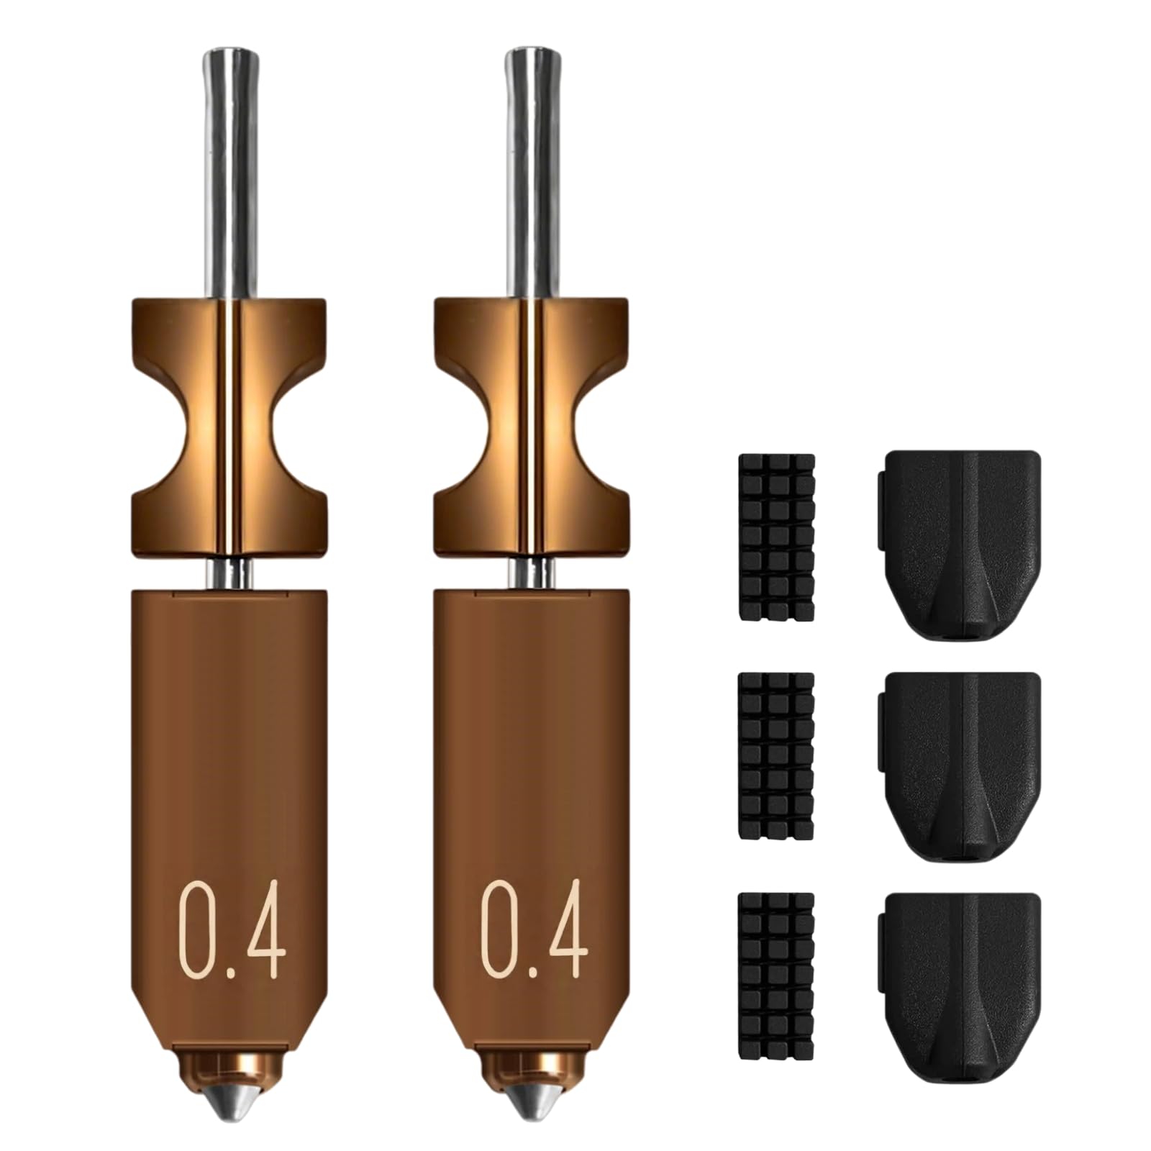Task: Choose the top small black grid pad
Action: [776, 537]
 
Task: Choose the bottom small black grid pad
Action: [776, 977]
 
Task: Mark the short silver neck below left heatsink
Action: [229, 573]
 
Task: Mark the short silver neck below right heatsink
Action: [532, 573]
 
